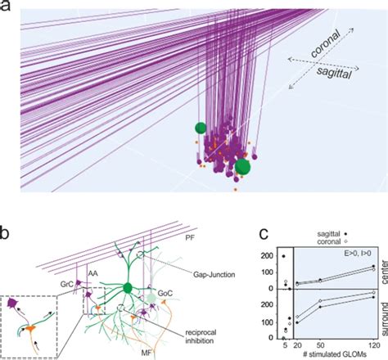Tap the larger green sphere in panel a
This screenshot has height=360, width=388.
click(x=242, y=168)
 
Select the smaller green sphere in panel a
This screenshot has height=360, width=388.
click(x=200, y=127)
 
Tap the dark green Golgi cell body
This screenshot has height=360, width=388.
click(x=128, y=287)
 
